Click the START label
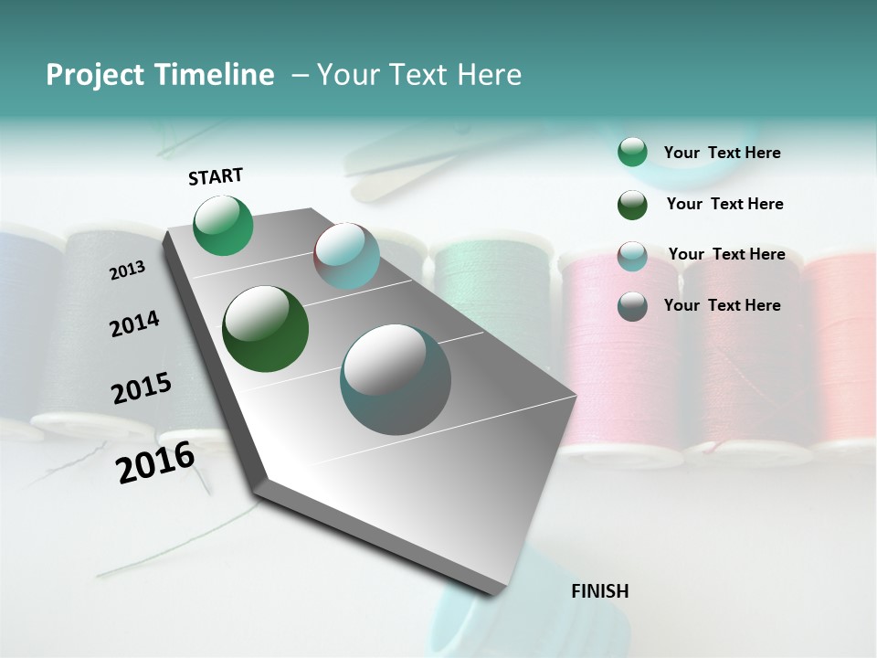tap(216, 176)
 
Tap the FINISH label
tap(599, 591)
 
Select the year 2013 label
tap(127, 271)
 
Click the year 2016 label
tap(155, 462)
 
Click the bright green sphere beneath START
tap(224, 225)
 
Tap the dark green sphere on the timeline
tap(266, 329)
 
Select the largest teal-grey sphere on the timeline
tap(396, 379)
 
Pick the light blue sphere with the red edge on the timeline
tap(346, 256)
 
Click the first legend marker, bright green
tap(632, 153)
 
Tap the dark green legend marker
tap(632, 205)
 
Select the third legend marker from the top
tap(632, 256)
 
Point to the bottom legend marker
tap(632, 306)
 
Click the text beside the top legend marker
tap(722, 153)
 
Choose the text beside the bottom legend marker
tap(722, 305)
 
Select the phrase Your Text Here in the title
tap(419, 75)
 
